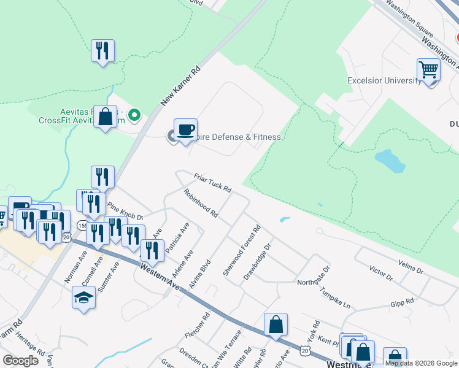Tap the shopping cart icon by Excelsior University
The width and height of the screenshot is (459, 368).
click(x=428, y=71)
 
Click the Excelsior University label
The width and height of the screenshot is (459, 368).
click(x=384, y=81)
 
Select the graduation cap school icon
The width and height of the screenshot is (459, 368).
click(x=83, y=298)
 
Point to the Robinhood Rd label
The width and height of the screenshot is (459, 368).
click(x=201, y=203)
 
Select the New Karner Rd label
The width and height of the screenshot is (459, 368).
click(x=181, y=87)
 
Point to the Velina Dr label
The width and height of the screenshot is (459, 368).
click(x=411, y=266)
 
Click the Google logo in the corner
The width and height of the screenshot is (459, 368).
click(x=20, y=360)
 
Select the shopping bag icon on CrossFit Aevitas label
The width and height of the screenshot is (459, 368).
click(x=105, y=117)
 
